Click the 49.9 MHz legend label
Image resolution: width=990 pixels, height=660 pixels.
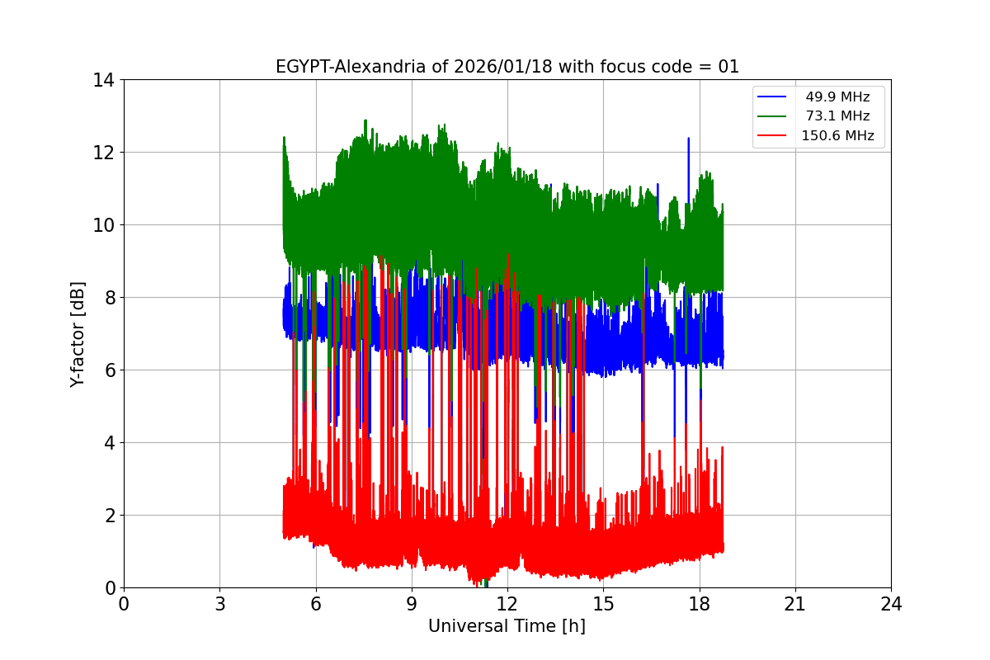(837, 97)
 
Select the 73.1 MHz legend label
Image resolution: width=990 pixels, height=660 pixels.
(837, 116)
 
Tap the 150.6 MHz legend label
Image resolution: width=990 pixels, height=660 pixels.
(837, 136)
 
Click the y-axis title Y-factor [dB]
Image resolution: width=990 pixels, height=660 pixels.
(78, 334)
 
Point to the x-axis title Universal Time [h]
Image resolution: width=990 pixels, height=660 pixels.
(507, 626)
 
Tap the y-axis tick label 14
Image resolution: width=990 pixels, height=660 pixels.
(103, 80)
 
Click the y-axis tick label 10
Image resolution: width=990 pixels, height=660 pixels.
(103, 225)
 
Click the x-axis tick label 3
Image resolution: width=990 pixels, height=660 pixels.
(219, 604)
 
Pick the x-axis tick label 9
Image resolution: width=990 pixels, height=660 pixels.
(412, 604)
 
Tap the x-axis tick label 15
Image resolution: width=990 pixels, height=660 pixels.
(603, 604)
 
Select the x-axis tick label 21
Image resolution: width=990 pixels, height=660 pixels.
(795, 604)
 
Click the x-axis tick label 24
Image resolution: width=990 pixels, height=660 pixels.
(891, 604)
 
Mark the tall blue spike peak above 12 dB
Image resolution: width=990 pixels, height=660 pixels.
(688, 139)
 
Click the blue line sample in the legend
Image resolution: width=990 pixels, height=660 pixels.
(774, 97)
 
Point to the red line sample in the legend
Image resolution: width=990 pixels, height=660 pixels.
(774, 136)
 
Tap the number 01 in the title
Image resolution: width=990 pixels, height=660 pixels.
(728, 67)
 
